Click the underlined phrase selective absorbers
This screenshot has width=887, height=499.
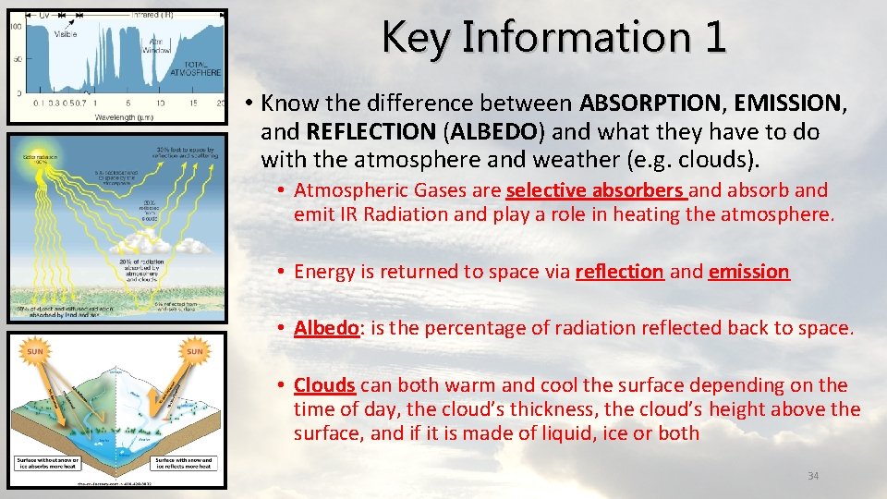coord(595,191)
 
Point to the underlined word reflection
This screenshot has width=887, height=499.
coord(619,272)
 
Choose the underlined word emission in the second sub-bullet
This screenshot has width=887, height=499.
coord(748,272)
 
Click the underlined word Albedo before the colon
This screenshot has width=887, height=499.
coord(326,328)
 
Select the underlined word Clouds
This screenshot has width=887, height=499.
coord(324,385)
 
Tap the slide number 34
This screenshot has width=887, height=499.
coord(813,476)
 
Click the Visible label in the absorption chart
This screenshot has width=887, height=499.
coord(66,34)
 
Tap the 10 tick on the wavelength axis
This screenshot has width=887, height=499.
coord(158,103)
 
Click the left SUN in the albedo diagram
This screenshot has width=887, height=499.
coord(36,351)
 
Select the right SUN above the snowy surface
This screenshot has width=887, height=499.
coord(195,351)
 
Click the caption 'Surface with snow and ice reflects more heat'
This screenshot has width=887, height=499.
coord(183,463)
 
